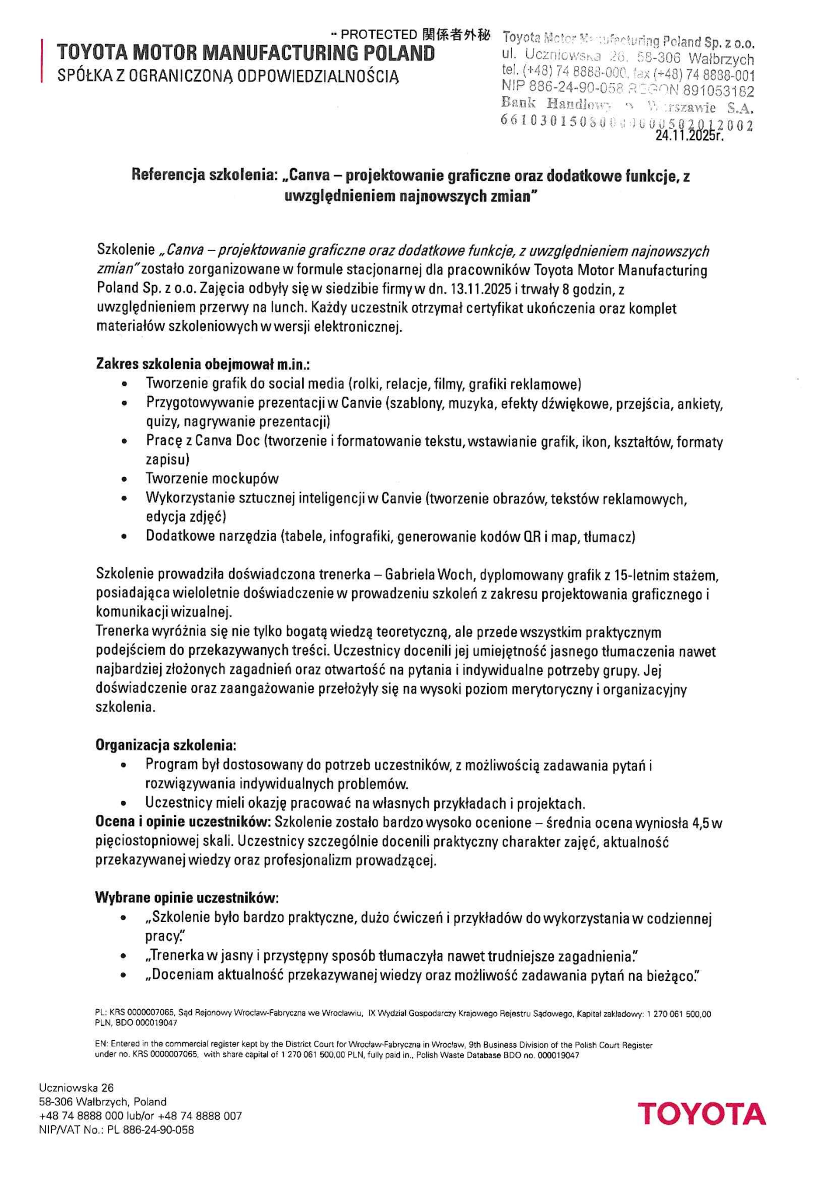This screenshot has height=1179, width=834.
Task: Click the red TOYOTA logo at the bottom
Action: [x=701, y=1114]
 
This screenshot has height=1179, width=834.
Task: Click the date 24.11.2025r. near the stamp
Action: [x=689, y=135]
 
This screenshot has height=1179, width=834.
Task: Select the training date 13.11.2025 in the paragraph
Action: [x=484, y=289]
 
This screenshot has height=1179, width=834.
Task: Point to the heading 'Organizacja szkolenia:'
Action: [x=166, y=745]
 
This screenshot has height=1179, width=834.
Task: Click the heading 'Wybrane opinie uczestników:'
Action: [x=186, y=898]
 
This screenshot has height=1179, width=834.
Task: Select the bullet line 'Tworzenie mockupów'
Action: [x=212, y=479]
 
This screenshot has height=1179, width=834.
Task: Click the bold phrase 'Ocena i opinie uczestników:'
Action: [x=183, y=822]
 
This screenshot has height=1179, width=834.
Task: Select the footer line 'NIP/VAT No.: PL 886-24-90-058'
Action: [x=116, y=1130]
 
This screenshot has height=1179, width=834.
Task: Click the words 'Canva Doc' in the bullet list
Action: [x=227, y=441]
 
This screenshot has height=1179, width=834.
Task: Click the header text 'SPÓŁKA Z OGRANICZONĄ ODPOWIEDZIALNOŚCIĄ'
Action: [x=228, y=76]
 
